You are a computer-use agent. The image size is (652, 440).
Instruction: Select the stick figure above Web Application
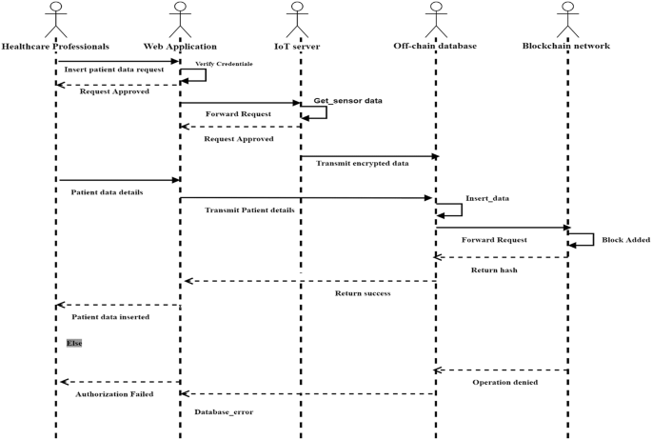point(180,19)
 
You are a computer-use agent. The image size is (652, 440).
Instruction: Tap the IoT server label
point(300,46)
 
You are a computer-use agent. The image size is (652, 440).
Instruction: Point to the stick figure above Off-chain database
point(435,19)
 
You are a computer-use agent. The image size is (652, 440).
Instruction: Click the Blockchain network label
point(566,46)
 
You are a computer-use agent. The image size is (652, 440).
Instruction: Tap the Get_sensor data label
point(348,100)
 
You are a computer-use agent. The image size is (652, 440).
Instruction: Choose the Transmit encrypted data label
point(362,163)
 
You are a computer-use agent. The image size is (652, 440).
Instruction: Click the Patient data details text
point(108,191)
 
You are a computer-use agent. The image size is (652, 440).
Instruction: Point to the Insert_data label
point(487,198)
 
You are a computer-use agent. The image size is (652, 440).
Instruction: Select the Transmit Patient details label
point(250,210)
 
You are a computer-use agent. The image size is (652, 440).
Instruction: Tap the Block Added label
point(625,240)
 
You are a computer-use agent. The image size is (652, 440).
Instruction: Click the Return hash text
point(495,270)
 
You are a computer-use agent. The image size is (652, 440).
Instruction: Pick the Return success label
point(363,293)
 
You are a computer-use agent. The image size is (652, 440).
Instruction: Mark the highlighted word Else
point(74,342)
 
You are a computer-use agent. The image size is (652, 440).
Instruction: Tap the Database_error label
point(224,411)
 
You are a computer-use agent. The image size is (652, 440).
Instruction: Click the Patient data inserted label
point(110,316)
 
